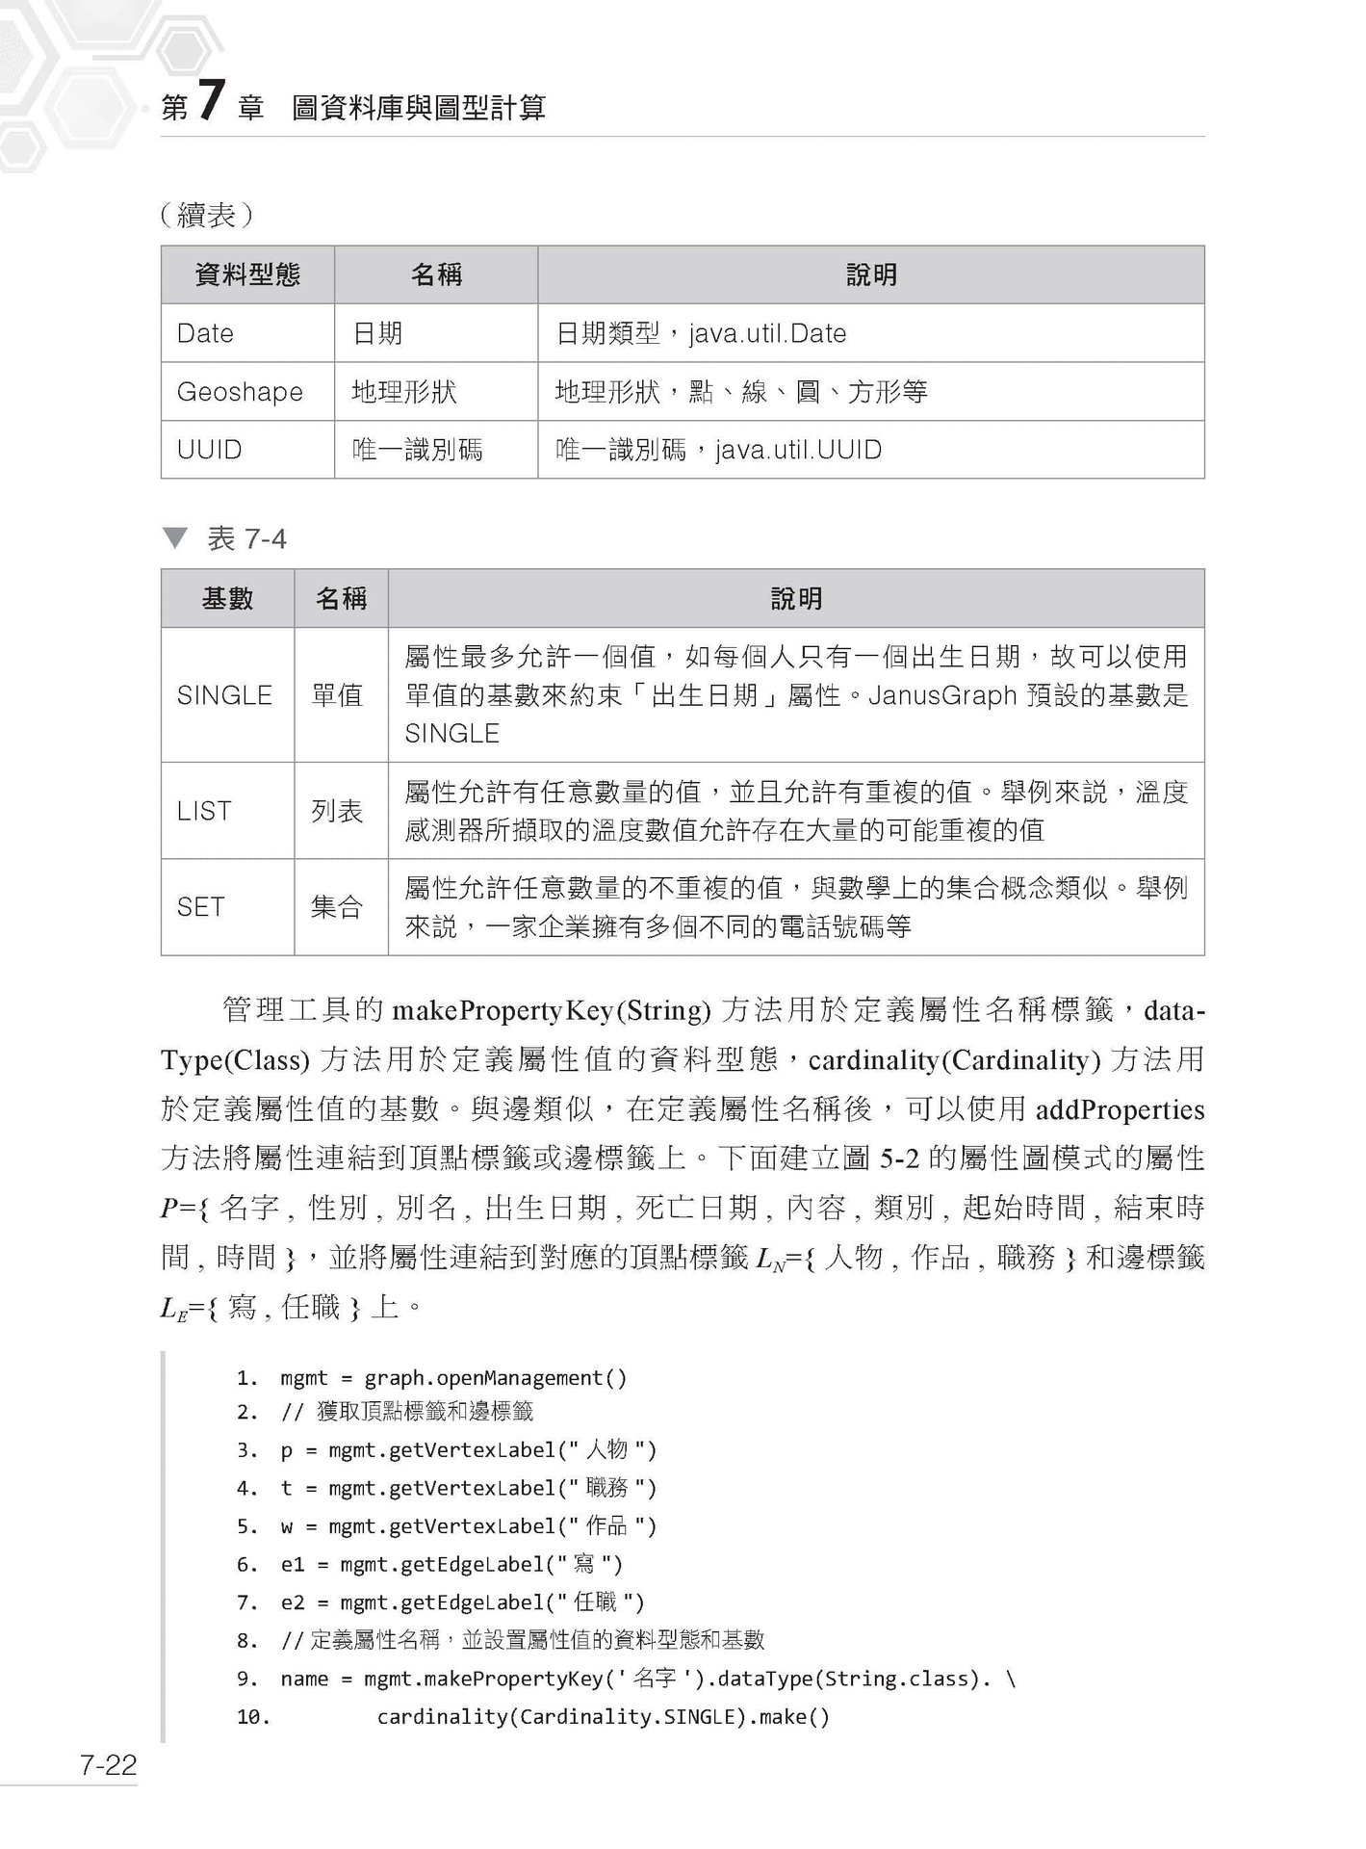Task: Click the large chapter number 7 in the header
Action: click(211, 102)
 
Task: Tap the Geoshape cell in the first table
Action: click(240, 392)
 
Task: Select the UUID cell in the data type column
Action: click(209, 450)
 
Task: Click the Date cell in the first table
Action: click(205, 333)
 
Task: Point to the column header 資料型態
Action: click(247, 275)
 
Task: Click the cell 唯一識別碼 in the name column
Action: click(417, 450)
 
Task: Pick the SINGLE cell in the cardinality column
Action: click(224, 695)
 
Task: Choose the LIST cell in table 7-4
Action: click(204, 811)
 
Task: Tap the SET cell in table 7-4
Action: click(200, 907)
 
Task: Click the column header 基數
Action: click(227, 599)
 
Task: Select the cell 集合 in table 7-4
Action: click(337, 907)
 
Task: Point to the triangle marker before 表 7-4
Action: click(174, 537)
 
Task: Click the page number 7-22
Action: click(108, 1764)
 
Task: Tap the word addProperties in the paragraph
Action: click(1120, 1109)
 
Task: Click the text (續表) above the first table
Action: click(206, 215)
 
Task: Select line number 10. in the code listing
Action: click(253, 1716)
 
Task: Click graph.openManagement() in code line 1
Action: click(495, 1377)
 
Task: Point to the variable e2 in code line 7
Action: click(292, 1602)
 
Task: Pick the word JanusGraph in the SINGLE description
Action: click(943, 695)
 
